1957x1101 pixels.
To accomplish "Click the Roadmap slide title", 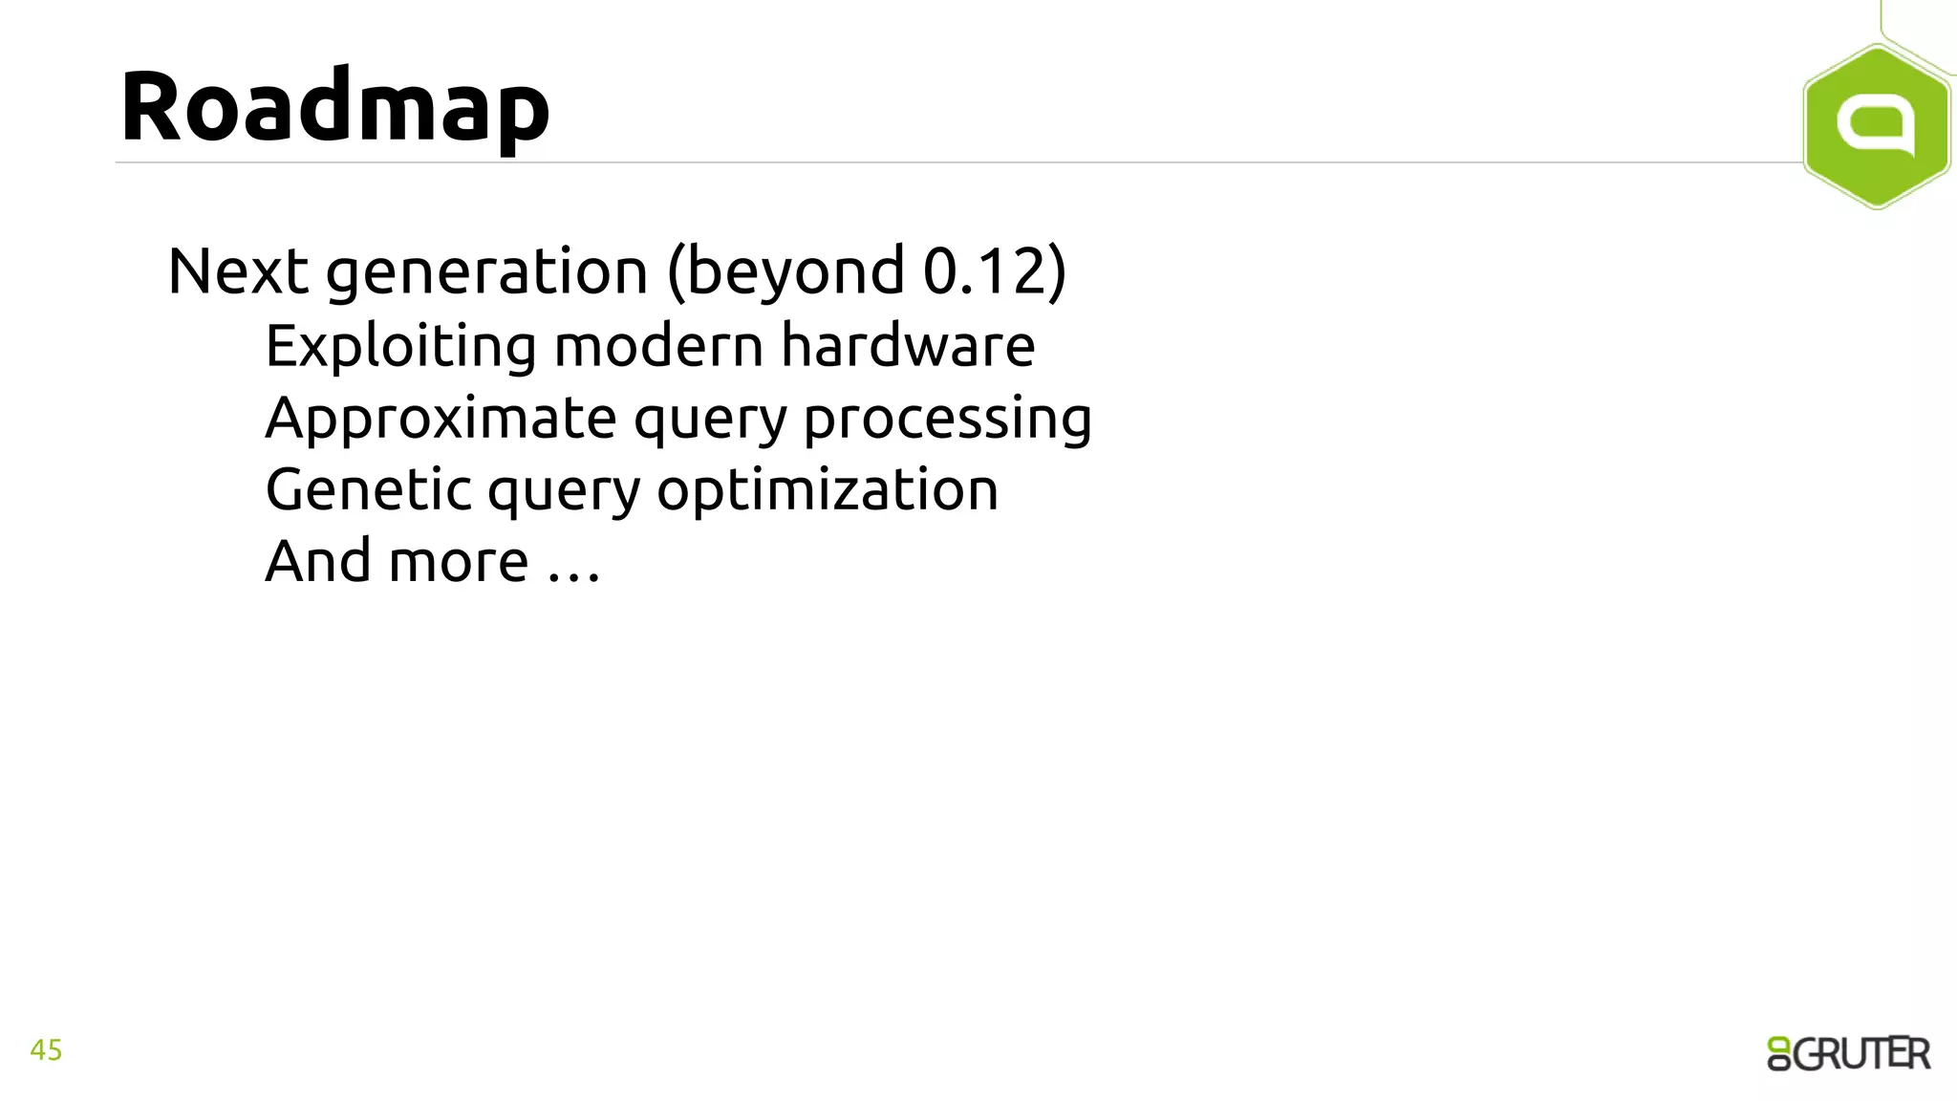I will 334,107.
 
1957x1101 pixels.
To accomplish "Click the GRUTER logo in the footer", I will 1848,1053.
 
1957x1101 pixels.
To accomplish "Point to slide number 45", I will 46,1050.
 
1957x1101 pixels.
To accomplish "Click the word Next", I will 238,271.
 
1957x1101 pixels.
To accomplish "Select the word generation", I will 487,271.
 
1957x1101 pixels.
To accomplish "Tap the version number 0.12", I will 984,271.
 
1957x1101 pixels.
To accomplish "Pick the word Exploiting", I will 400,346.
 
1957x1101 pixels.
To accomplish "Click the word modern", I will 658,346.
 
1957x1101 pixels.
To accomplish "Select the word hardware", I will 908,346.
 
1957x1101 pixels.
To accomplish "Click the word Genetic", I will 369,490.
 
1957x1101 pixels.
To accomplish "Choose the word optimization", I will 828,491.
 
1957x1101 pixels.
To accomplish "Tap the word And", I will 317,562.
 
